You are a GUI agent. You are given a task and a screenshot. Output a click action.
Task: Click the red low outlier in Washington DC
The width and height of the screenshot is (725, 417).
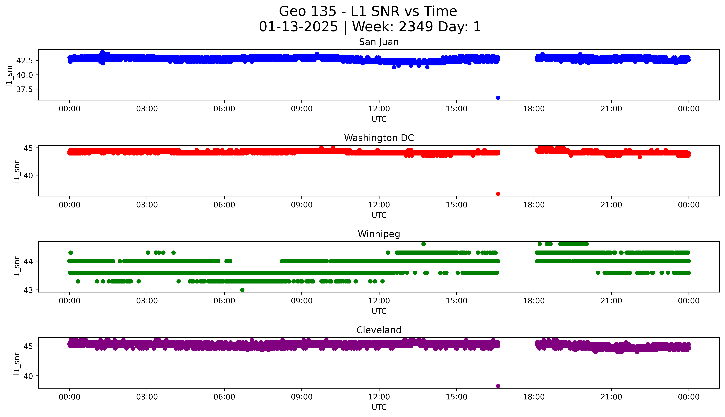[498, 194]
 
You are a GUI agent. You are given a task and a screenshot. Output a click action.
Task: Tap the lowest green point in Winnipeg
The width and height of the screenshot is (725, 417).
[242, 290]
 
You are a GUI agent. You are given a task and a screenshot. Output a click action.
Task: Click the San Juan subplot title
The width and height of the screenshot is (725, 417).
[379, 42]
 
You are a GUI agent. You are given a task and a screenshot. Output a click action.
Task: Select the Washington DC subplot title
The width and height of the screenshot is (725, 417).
[379, 138]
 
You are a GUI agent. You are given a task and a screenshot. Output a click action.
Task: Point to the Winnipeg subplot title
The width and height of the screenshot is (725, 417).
[379, 234]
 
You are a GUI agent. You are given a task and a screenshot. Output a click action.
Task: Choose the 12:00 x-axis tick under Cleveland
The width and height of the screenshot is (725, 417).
[379, 397]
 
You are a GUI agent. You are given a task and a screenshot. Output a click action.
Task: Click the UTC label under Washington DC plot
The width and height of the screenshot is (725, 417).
[379, 215]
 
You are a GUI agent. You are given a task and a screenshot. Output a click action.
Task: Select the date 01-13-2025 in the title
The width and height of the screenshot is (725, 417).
[298, 27]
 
